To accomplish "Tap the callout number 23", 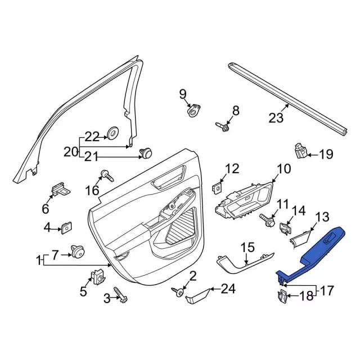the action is (x=276, y=118).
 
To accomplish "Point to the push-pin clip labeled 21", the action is (x=146, y=153).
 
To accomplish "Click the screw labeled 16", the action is (x=107, y=175).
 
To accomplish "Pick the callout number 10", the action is (x=284, y=169).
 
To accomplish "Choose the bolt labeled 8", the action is (x=222, y=127).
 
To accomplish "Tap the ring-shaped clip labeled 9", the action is (x=193, y=110).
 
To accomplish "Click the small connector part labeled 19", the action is (x=301, y=151).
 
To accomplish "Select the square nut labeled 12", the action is (x=217, y=188).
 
